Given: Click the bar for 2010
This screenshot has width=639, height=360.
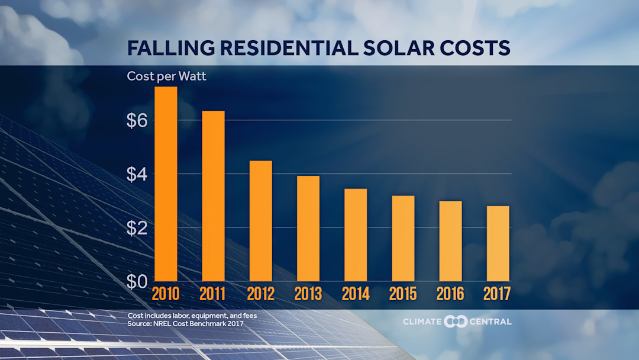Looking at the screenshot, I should (166, 184).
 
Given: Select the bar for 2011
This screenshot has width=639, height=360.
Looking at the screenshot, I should (213, 195).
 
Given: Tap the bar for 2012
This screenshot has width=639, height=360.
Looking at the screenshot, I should (260, 220).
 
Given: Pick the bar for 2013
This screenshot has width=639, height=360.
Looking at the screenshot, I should (308, 228).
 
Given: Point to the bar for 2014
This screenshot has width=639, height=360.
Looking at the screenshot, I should (356, 234).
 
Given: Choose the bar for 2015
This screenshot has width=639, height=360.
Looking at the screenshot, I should (403, 238).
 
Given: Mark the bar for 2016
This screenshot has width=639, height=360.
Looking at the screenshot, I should (450, 241).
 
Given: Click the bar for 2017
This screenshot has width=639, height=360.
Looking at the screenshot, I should (498, 243).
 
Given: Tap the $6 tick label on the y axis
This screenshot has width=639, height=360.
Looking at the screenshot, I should (137, 120).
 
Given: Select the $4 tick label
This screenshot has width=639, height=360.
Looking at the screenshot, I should (137, 174).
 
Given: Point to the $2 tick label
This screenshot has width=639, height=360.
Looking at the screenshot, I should (137, 228).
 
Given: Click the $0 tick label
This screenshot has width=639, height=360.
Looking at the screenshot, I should (137, 281).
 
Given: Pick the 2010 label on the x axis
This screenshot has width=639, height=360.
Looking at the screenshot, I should (166, 294).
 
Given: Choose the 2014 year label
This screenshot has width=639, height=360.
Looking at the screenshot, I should (356, 294).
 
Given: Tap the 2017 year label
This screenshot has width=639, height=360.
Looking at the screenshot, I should (498, 294).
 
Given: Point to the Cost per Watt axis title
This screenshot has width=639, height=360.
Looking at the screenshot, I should (167, 76).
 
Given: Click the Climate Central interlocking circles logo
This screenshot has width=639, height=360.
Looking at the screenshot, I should (456, 322).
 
